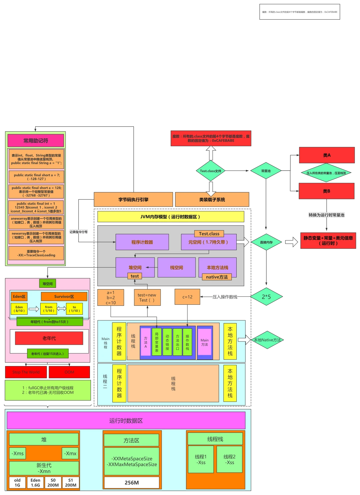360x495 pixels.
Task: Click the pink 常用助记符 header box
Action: tap(36, 141)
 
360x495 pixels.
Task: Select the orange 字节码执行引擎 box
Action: tap(133, 200)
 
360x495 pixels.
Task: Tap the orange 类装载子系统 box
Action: tap(212, 200)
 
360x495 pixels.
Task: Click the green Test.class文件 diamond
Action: tap(210, 171)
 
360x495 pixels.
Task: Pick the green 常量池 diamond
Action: tap(266, 171)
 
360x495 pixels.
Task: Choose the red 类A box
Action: tap(327, 155)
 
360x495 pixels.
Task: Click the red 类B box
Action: tap(327, 191)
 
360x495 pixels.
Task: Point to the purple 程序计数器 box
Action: tap(142, 242)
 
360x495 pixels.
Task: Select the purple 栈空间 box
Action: tap(176, 267)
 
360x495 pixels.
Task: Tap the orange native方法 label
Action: tap(217, 277)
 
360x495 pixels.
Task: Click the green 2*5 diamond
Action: tap(266, 296)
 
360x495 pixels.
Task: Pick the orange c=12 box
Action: tap(187, 297)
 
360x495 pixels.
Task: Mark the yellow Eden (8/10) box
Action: tap(19, 309)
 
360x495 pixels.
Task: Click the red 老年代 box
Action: tap(49, 338)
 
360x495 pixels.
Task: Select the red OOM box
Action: tap(69, 372)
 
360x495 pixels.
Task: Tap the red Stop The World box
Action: tap(26, 372)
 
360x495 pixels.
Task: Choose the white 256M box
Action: tap(132, 483)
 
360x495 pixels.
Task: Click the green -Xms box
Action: tap(18, 453)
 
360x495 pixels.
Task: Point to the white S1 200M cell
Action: tap(71, 483)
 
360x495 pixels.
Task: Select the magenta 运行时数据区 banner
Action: tap(126, 421)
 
